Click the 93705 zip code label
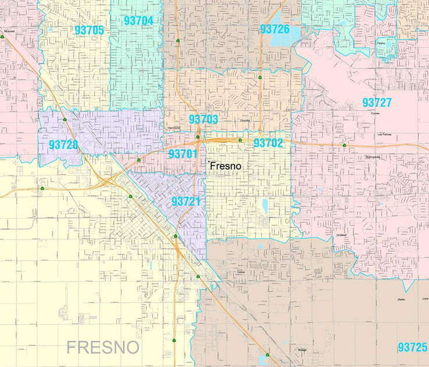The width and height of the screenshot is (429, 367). coord(89,30)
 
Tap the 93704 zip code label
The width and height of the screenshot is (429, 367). coord(139,21)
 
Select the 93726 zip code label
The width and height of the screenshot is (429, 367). coord(275,29)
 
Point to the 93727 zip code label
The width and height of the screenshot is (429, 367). coord(377,103)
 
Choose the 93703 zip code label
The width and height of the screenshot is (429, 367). coord(203,119)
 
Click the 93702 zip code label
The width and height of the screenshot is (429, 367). coord(268,143)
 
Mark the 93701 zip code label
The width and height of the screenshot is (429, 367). coord(183,154)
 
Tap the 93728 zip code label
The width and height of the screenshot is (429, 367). coord(63,144)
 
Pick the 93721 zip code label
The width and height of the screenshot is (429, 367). coord(186,202)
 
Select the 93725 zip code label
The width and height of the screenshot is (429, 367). coord(413,347)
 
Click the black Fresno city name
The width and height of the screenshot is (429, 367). coord(225,166)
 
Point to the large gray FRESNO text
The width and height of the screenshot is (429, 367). coord(103,348)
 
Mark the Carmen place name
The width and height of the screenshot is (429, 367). coord(375,114)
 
